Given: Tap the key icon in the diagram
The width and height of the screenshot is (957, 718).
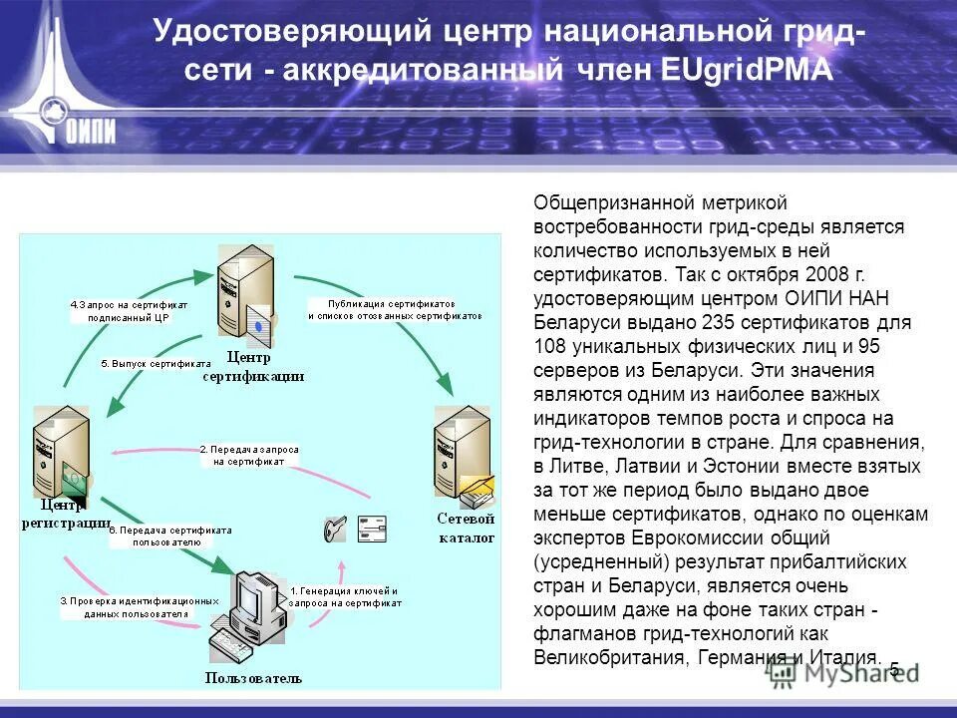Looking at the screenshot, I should coord(334,530).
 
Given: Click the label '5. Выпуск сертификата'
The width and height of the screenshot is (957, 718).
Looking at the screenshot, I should coord(156,364).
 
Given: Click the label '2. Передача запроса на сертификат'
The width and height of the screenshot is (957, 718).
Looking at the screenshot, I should coord(249,456).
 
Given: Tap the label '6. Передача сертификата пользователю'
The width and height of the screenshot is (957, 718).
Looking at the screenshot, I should coord(168,537).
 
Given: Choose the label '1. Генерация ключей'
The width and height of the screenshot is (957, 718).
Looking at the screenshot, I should coord(344,596).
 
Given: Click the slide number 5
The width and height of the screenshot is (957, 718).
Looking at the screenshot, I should coord(894,669).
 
